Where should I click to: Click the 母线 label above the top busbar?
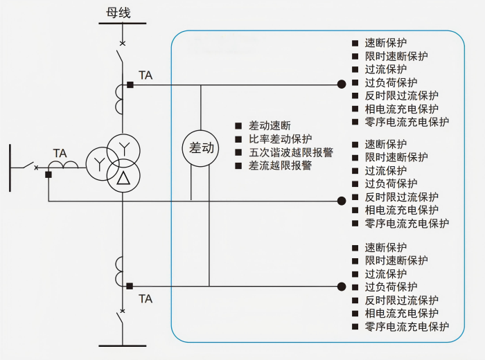(x=118, y=12)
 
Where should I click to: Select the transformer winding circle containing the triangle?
(x=123, y=177)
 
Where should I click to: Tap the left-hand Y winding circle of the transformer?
(x=101, y=163)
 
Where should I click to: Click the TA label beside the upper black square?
(x=145, y=75)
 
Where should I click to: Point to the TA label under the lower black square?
(x=145, y=299)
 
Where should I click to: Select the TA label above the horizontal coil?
(x=60, y=153)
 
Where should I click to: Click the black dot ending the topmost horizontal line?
(x=341, y=84)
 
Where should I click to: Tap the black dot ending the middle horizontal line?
(x=341, y=201)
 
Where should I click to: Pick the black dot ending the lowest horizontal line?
(x=341, y=286)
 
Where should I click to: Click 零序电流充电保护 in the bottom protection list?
(x=407, y=326)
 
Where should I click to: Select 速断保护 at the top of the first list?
(x=386, y=43)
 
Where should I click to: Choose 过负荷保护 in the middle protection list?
(x=391, y=183)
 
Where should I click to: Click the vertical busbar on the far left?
(x=10, y=167)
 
